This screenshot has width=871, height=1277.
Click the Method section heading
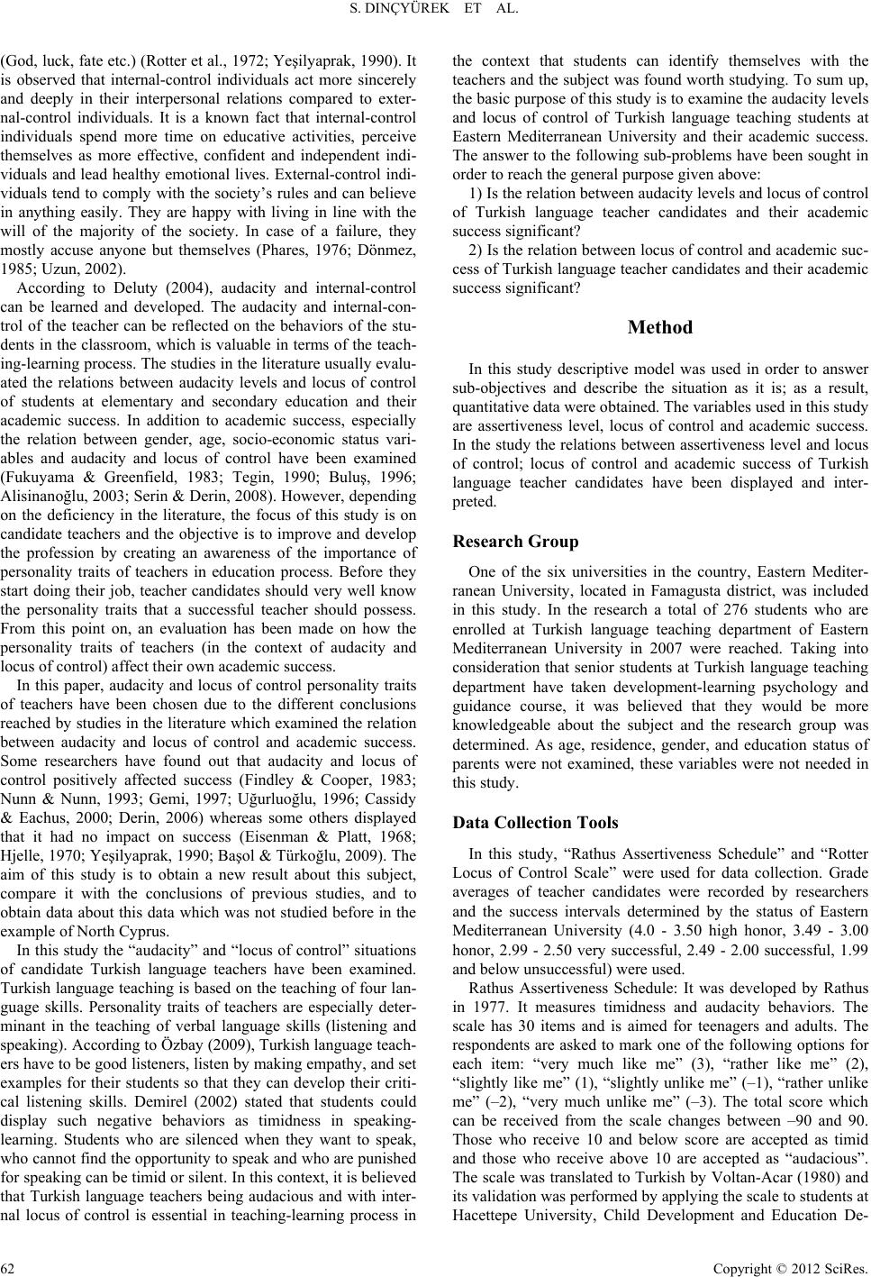(x=660, y=328)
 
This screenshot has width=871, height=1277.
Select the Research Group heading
(x=515, y=542)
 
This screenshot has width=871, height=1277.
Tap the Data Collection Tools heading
(x=535, y=823)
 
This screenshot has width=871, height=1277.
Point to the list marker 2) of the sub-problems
(x=478, y=250)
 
